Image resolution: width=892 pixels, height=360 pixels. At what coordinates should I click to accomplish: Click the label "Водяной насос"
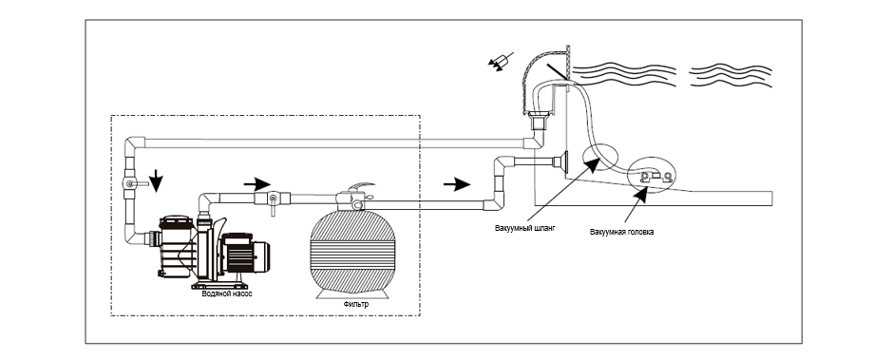[x=227, y=294]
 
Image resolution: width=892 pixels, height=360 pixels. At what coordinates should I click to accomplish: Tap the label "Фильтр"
[x=356, y=304]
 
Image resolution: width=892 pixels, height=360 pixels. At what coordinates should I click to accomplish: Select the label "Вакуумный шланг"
[x=525, y=228]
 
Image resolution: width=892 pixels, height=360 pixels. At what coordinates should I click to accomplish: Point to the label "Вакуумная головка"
[x=622, y=232]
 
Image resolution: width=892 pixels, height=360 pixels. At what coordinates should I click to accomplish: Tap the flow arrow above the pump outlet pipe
[x=257, y=184]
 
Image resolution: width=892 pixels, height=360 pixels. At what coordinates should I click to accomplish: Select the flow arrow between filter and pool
[x=457, y=184]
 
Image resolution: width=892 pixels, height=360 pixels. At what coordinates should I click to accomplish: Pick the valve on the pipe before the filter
[x=273, y=200]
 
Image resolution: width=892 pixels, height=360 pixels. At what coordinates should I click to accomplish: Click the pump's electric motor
[x=245, y=253]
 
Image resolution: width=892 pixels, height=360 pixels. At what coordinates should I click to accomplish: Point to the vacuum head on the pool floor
[x=653, y=178]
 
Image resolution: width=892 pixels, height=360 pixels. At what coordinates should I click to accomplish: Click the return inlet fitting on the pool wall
[x=560, y=162]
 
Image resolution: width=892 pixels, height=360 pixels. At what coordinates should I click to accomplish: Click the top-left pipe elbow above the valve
[x=135, y=145]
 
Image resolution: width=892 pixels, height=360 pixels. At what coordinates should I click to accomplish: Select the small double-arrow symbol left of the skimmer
[x=501, y=61]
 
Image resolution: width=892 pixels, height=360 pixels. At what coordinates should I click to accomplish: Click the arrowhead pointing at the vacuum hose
[x=592, y=165]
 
